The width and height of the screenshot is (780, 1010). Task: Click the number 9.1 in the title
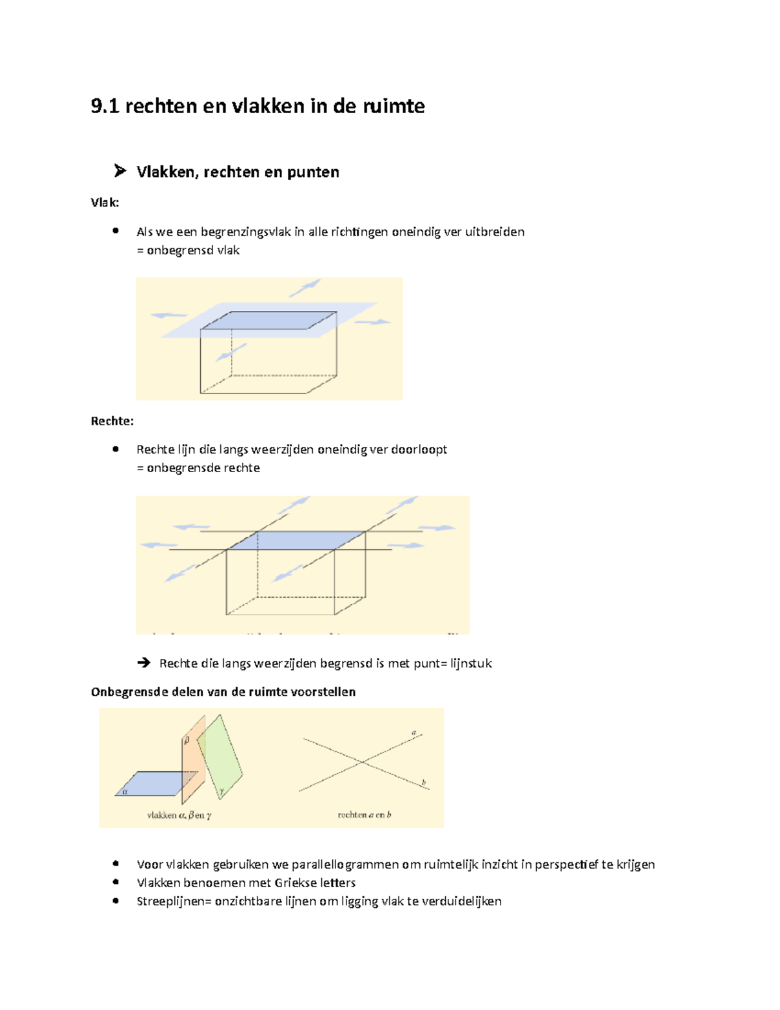point(105,106)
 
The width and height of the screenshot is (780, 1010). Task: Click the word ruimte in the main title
point(394,106)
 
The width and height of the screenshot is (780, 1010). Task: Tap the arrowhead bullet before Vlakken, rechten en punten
point(120,171)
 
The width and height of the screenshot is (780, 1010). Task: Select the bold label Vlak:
point(105,202)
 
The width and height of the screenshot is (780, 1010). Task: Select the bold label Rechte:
point(112,421)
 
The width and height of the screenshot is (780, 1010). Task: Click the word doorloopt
point(419,449)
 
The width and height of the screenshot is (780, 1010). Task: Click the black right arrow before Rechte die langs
point(144,663)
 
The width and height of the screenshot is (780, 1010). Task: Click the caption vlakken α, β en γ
point(179,815)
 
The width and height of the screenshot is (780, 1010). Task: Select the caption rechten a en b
point(364,815)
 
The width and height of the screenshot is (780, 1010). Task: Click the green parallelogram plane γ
point(222,754)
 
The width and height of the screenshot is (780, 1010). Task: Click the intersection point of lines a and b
point(362,762)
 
